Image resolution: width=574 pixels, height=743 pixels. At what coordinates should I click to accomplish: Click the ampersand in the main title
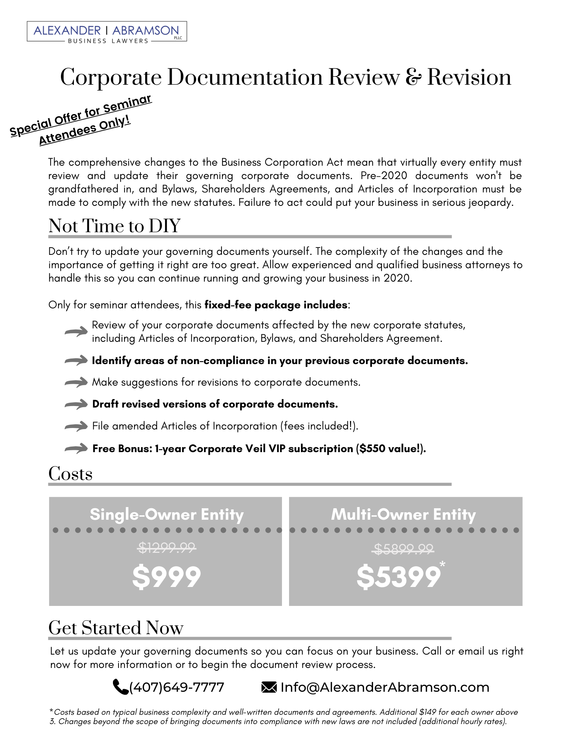[413, 77]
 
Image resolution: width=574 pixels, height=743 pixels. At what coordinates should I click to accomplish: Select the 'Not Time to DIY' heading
[114, 226]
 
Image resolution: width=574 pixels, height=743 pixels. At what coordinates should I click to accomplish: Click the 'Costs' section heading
[70, 474]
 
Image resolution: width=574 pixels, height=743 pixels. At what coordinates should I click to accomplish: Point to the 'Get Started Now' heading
[116, 628]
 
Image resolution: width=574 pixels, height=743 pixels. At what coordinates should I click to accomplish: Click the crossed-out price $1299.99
[166, 547]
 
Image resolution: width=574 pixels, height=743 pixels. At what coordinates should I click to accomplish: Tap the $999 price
[166, 577]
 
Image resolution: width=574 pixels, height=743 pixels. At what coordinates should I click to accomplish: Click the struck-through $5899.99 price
[403, 549]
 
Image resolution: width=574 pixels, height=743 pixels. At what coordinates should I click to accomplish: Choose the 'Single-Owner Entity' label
[166, 515]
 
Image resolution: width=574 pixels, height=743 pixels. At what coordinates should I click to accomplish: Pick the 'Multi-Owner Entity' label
[403, 515]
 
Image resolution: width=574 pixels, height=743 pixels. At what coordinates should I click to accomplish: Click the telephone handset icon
[120, 687]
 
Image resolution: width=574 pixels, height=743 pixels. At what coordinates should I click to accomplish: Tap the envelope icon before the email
[269, 687]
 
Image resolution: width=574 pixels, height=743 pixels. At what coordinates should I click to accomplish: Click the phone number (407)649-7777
[177, 687]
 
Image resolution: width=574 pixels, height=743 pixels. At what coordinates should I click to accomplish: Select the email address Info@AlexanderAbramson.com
[385, 687]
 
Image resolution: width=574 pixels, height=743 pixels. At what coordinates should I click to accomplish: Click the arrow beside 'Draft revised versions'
[76, 405]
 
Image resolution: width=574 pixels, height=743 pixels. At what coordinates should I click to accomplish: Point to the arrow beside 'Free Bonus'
[76, 449]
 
